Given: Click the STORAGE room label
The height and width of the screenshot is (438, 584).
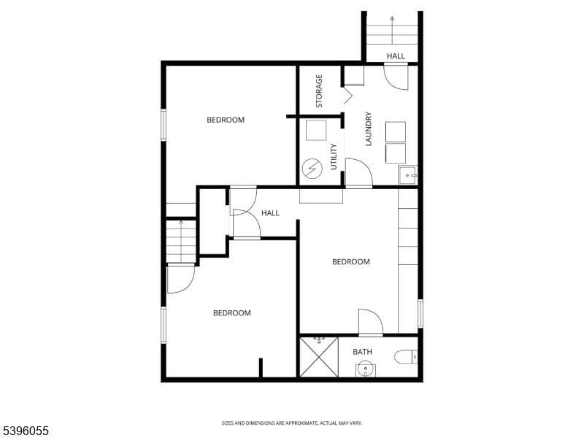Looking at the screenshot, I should tap(319, 91).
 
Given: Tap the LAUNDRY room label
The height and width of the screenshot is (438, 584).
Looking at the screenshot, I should tap(369, 128).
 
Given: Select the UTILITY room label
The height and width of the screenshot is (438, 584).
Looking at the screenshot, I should tap(334, 156).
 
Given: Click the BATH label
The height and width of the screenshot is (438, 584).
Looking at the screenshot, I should tap(363, 352).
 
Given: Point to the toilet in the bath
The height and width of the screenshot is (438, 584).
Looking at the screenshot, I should tap(404, 357).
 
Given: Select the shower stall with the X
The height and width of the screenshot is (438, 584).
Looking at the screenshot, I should tap(319, 357).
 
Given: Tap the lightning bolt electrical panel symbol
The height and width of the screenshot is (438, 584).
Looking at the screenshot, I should tap(312, 169).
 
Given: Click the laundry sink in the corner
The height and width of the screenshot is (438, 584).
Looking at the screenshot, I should tap(407, 176).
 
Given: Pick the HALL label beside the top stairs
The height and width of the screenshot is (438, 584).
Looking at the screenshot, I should tap(396, 56).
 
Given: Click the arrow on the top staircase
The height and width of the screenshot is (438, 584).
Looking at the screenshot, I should tap(392, 20).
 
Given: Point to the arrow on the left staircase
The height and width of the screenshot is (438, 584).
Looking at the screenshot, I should tap(181, 224).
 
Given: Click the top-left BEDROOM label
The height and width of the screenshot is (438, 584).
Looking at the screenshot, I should tap(226, 120).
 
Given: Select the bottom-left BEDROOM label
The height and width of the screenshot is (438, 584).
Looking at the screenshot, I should tap(232, 313).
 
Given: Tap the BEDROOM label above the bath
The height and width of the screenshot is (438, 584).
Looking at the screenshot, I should tap(351, 262).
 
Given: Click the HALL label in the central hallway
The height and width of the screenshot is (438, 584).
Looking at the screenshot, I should tap(271, 213).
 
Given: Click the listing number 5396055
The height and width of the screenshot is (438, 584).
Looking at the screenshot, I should tap(26, 431).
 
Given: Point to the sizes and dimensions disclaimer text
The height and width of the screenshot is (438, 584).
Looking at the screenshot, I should tap(292, 423).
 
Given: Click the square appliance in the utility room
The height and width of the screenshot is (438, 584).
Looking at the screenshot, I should tap(316, 130).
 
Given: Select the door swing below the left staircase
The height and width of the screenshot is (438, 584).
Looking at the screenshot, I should tap(180, 278).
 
